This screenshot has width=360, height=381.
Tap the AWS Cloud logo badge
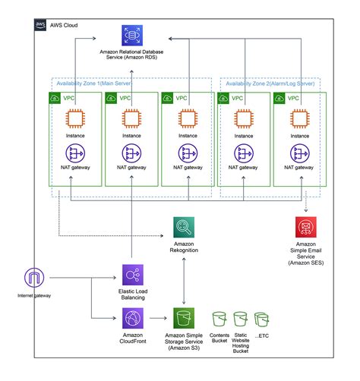point(41,24)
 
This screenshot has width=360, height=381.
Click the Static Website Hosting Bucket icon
point(241,320)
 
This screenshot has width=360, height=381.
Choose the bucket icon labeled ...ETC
point(262,320)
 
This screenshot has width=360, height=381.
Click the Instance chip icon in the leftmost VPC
point(74,120)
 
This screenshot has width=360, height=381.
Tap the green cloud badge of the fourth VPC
point(224,98)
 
